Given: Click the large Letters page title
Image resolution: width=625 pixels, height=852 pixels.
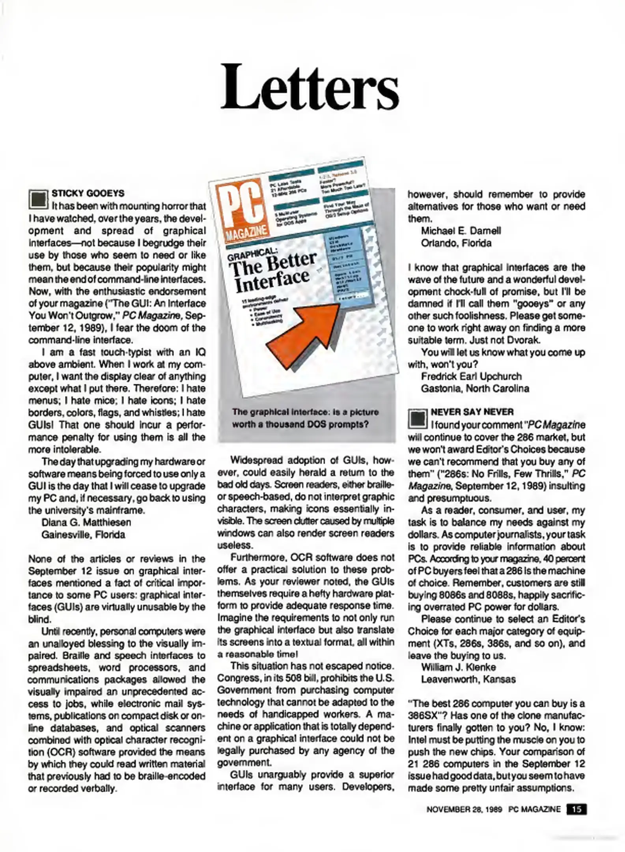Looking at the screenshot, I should [310, 88].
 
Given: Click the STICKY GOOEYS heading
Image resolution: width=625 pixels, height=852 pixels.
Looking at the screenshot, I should [88, 193].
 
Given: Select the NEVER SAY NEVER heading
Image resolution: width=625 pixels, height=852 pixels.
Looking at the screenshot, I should [472, 412].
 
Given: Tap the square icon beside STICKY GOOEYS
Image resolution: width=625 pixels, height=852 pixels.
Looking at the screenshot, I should [38, 200].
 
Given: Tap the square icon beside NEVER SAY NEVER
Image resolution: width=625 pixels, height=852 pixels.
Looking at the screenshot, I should [418, 419].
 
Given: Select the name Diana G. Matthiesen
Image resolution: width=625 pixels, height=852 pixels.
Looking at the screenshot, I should [86, 522].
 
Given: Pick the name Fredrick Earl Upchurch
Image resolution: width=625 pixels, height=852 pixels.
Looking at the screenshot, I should [471, 376].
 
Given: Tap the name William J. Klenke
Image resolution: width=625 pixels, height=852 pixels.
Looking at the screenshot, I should [459, 667].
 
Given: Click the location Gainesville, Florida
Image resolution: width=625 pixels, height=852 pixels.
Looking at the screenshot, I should [83, 534].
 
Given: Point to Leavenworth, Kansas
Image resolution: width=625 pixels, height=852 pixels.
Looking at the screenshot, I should [468, 679].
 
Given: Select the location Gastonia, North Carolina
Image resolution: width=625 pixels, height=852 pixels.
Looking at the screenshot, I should [475, 389].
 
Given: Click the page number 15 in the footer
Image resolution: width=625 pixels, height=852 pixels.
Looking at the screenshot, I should [576, 809].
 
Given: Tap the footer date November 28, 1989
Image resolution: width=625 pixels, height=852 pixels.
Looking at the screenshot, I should [464, 809].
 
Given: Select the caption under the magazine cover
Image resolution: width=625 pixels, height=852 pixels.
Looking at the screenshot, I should [305, 418].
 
